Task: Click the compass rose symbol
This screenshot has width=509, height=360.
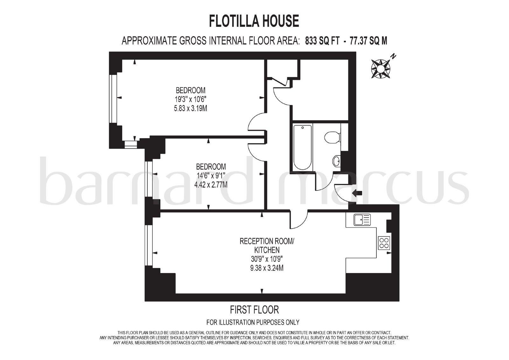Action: click(x=380, y=68)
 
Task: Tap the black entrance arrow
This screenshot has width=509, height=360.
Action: click(x=357, y=193)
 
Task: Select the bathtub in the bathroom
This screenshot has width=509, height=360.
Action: click(x=302, y=147)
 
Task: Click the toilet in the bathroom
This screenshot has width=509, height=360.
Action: click(x=332, y=138)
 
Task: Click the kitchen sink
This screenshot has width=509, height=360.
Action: click(x=362, y=220)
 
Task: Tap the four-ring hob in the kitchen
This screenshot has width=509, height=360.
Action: click(x=384, y=243)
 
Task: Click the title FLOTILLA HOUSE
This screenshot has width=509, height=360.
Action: click(x=254, y=21)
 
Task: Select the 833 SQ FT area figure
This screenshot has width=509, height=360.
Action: click(x=322, y=41)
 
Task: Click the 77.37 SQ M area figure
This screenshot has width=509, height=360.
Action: click(x=368, y=41)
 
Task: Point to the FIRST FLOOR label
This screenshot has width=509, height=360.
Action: click(x=254, y=310)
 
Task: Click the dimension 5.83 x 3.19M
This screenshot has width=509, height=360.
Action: click(x=191, y=108)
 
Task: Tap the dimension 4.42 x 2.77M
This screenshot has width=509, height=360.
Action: click(x=211, y=185)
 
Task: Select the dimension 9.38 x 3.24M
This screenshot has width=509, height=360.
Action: click(x=267, y=268)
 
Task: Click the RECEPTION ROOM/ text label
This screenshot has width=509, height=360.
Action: click(x=267, y=241)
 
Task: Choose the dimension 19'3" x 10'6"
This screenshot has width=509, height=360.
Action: click(x=191, y=99)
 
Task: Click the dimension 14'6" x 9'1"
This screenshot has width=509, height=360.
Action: click(x=211, y=176)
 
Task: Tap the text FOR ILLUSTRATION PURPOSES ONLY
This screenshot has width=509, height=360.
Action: click(x=253, y=322)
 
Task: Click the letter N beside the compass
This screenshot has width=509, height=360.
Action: click(x=393, y=56)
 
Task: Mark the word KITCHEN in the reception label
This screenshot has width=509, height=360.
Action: click(x=267, y=250)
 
